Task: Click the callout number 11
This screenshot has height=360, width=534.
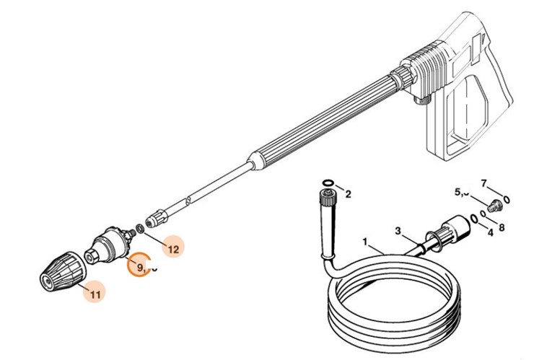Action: (96, 293)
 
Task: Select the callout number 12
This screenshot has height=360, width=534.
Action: (173, 249)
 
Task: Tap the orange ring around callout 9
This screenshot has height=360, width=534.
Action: (139, 265)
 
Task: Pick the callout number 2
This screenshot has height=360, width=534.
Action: (348, 193)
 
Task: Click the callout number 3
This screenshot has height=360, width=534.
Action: (397, 231)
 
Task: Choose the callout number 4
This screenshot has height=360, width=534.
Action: (490, 232)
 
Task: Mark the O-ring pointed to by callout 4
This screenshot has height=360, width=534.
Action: (473, 217)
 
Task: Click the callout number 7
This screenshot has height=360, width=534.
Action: (484, 183)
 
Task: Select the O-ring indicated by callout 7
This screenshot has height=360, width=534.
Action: (507, 198)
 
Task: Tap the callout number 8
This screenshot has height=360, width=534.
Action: (502, 227)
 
